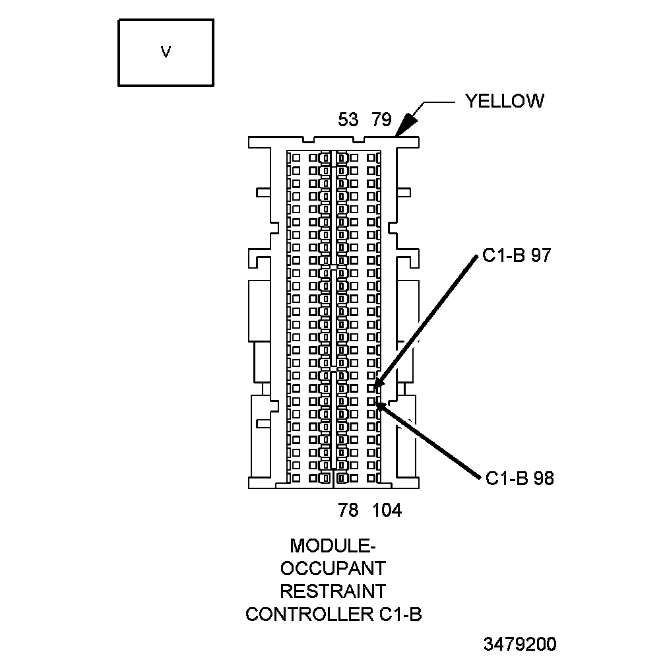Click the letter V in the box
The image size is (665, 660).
point(166,52)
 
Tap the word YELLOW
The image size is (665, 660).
point(505,101)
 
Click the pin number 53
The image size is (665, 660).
point(348,120)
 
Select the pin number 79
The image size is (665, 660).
point(381,120)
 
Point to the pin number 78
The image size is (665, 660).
point(348,510)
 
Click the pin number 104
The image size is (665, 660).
point(387,510)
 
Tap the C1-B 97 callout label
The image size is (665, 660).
point(516,257)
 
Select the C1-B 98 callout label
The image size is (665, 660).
point(520,478)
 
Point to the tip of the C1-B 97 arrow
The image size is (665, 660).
point(374,386)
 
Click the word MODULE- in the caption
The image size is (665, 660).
point(333,546)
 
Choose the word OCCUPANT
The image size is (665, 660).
point(333,568)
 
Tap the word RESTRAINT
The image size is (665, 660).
point(333,591)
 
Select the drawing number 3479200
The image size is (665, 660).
point(519,644)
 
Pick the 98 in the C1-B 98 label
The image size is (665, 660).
point(544,478)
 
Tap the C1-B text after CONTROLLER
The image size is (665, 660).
point(400,614)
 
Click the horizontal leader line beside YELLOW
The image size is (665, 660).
point(439,102)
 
